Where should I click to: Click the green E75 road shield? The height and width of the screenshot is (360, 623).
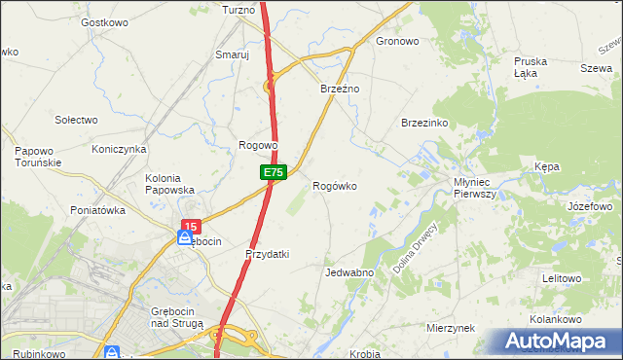click(x=274, y=172)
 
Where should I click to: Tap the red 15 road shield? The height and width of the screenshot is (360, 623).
click(x=190, y=226)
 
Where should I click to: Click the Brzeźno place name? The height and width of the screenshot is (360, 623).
click(x=341, y=89)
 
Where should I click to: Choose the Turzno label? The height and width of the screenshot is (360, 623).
click(x=238, y=9)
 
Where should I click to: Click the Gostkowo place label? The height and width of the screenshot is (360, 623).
click(x=106, y=21)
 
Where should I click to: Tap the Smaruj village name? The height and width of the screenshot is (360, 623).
click(x=233, y=55)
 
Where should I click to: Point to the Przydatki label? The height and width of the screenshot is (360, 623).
click(x=268, y=254)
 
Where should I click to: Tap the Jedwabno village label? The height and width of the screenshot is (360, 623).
click(x=350, y=273)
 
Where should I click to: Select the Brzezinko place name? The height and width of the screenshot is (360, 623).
click(x=424, y=123)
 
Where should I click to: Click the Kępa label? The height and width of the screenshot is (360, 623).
click(x=547, y=167)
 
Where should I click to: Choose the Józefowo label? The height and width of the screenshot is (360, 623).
click(x=589, y=207)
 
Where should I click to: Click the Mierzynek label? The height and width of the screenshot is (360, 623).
click(x=450, y=329)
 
